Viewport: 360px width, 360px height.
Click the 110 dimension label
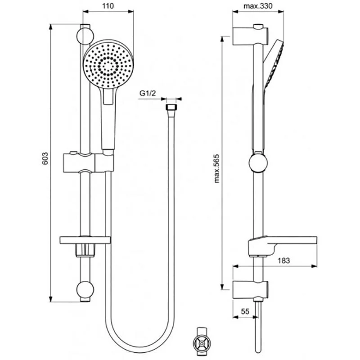pos(107,6)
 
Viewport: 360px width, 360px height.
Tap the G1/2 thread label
pos(147,94)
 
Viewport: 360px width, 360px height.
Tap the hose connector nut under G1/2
pos(170,109)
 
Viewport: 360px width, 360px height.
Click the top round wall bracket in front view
pos(85,35)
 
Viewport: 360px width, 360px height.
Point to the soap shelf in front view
pos(85,239)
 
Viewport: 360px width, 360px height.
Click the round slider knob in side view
pos(257,163)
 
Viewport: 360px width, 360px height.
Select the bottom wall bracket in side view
pos(250,290)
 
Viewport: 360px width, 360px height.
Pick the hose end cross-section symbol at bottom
pos(202,341)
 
